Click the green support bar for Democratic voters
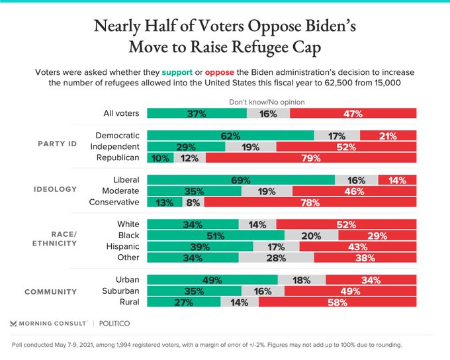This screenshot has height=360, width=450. (230, 136)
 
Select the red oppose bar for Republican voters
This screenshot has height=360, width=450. (311, 157)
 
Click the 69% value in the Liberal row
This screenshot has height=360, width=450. (240, 180)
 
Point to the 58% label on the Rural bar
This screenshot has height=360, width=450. (337, 302)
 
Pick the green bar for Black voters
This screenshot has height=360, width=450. (215, 236)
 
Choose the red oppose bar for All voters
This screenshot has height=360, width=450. (353, 113)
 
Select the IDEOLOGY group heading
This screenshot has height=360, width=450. (56, 191)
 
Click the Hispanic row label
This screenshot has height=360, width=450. (119, 246)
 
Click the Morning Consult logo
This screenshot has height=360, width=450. (48, 324)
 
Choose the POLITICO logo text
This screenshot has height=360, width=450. (115, 324)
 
